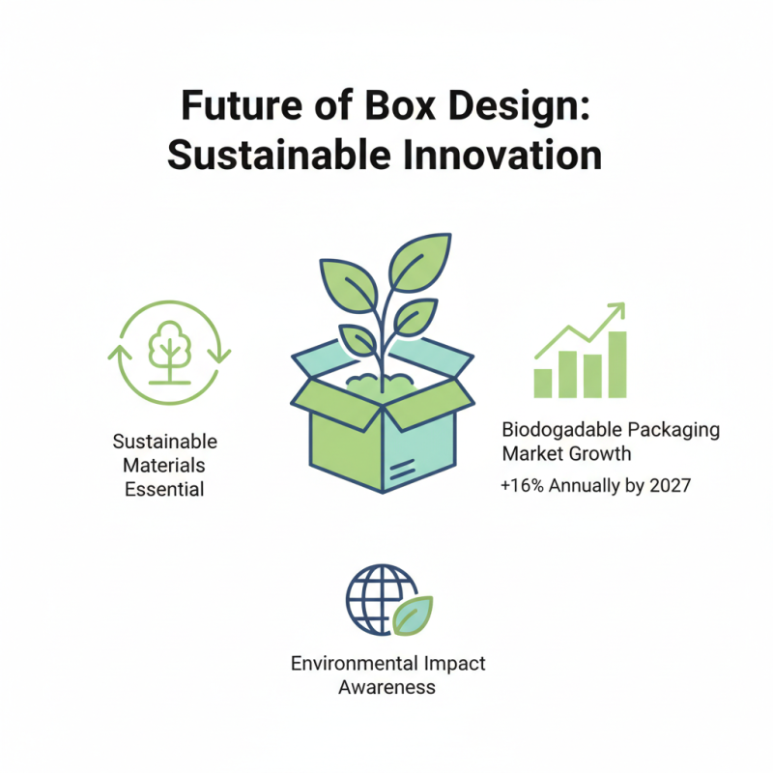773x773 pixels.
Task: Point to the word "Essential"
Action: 164,489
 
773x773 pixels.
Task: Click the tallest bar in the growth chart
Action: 616,364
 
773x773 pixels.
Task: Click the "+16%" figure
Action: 523,486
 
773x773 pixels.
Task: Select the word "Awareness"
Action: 386,687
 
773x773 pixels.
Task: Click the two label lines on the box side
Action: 399,467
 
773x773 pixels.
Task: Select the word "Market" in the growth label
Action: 530,453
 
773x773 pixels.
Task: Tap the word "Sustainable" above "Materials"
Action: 164,442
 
